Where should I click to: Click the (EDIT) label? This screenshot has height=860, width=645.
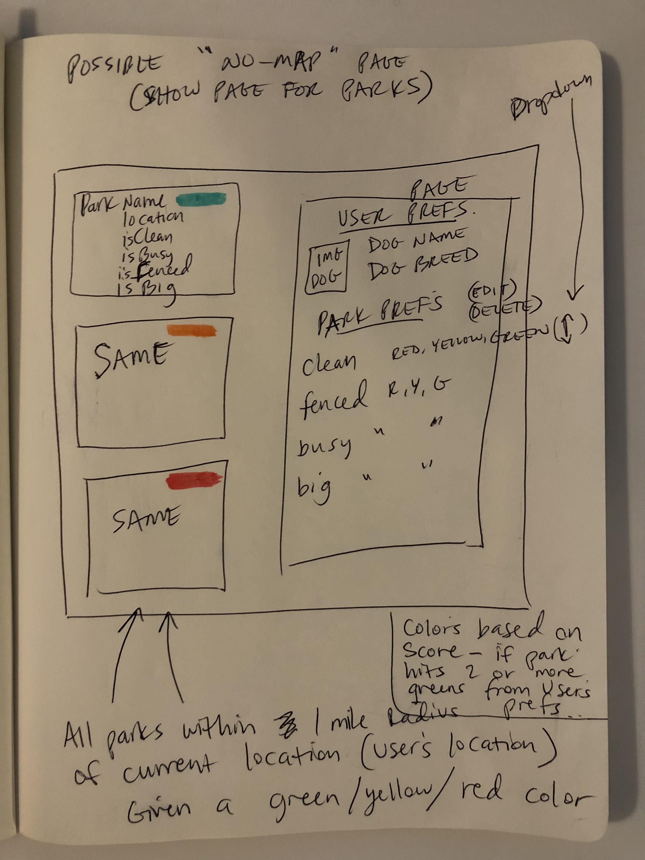492,290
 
